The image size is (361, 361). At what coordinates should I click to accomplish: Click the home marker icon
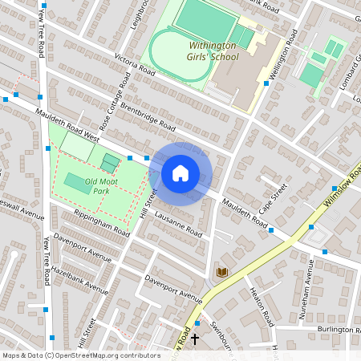180,173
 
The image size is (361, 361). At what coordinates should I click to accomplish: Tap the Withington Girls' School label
213,52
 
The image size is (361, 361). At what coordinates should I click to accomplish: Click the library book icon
221,273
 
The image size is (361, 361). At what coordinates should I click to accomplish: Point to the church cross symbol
194,339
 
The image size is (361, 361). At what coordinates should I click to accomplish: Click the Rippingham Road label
100,222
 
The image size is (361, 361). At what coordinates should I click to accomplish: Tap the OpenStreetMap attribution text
80,355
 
